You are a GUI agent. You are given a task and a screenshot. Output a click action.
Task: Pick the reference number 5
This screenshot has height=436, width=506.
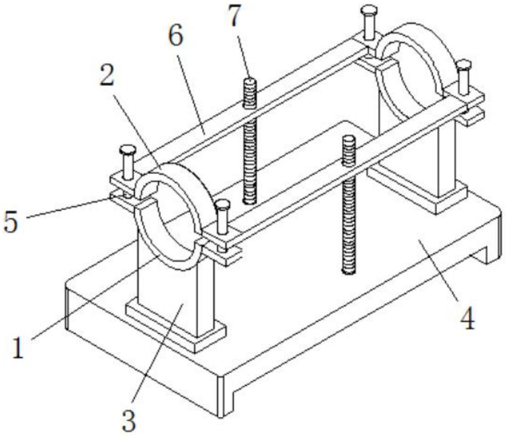tap(10, 221)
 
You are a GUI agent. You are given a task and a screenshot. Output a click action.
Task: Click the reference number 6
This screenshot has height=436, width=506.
tap(176, 36)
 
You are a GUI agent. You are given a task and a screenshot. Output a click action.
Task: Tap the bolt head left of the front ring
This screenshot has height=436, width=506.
tap(127, 150)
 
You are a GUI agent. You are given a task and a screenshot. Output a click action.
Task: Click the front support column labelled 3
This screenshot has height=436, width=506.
tap(175, 293)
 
